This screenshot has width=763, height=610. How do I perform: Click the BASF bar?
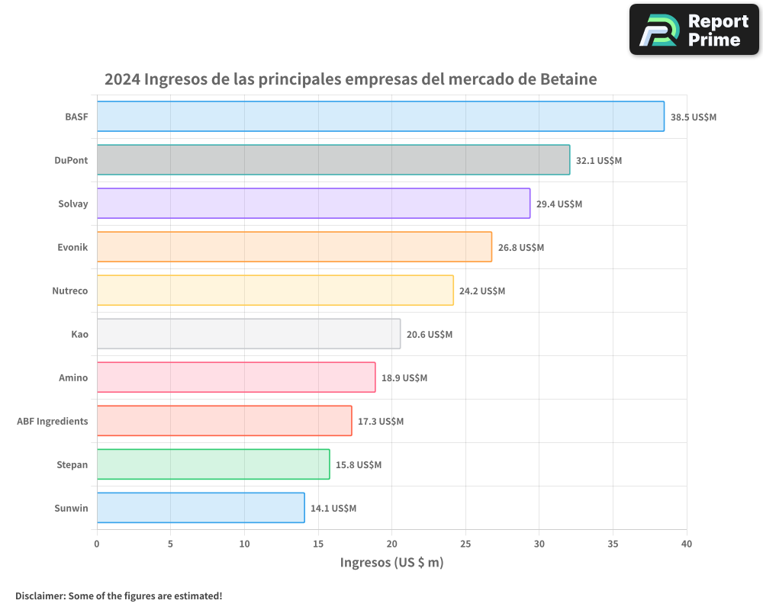pyautogui.click(x=380, y=117)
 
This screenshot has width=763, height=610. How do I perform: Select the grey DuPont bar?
pyautogui.click(x=333, y=160)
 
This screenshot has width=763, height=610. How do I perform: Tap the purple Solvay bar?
pyautogui.click(x=313, y=204)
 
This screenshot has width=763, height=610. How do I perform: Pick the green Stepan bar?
pyautogui.click(x=213, y=464)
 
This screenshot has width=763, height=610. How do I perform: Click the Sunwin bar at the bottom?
pyautogui.click(x=201, y=508)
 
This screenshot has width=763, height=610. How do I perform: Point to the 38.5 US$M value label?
pyautogui.click(x=694, y=117)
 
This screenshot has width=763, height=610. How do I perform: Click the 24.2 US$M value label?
pyautogui.click(x=482, y=291)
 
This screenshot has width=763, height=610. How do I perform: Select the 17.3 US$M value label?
pyautogui.click(x=381, y=422)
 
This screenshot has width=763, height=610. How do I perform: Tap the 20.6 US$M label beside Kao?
pyautogui.click(x=430, y=335)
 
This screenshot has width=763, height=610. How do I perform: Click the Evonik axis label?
pyautogui.click(x=72, y=247)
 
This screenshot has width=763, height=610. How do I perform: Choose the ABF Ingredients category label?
pyautogui.click(x=53, y=421)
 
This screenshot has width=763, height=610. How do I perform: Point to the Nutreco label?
pyautogui.click(x=70, y=291)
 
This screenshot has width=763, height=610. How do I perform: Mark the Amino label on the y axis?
pyautogui.click(x=73, y=377)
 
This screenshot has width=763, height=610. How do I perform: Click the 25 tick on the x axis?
pyautogui.click(x=465, y=544)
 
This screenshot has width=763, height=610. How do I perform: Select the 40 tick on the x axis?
pyautogui.click(x=687, y=544)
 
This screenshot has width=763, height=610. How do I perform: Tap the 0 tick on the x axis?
pyautogui.click(x=97, y=544)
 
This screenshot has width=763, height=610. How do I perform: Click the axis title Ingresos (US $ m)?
pyautogui.click(x=391, y=563)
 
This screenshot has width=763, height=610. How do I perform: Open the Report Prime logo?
pyautogui.click(x=694, y=30)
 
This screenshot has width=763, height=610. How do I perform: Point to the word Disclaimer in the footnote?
pyautogui.click(x=40, y=596)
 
